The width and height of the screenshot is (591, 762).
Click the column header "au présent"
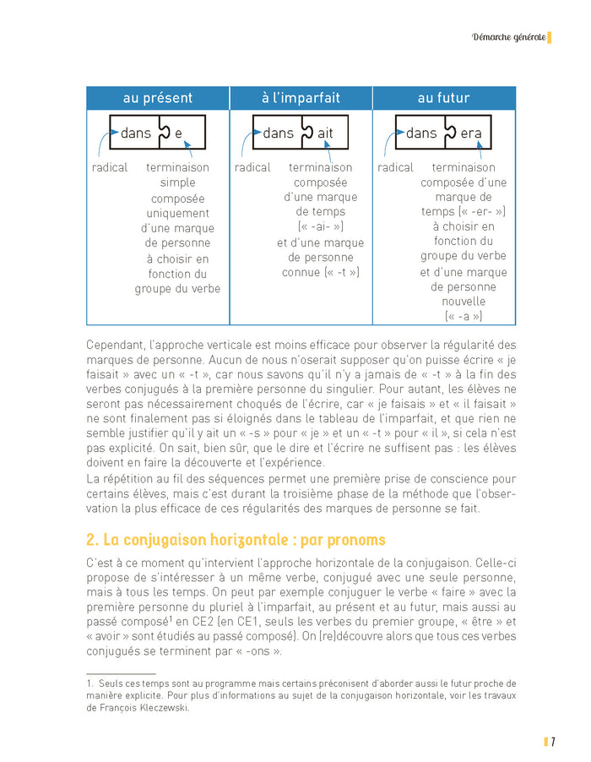tap(158, 98)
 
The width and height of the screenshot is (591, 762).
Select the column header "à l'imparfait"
tap(301, 98)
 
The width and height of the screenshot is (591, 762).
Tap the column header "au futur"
tap(444, 98)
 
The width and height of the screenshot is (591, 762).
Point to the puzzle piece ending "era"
tap(468, 133)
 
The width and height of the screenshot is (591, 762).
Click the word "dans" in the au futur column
tap(421, 133)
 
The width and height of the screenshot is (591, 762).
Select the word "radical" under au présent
tap(110, 167)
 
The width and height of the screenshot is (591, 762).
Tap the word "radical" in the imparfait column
tap(252, 167)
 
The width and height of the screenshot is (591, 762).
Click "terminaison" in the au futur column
tap(464, 167)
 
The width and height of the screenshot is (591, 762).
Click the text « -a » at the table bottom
tap(464, 316)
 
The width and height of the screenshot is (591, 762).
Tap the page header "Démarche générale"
tap(507, 37)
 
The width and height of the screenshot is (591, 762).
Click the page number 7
tap(553, 742)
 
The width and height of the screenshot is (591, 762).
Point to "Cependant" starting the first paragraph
tap(116, 345)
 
